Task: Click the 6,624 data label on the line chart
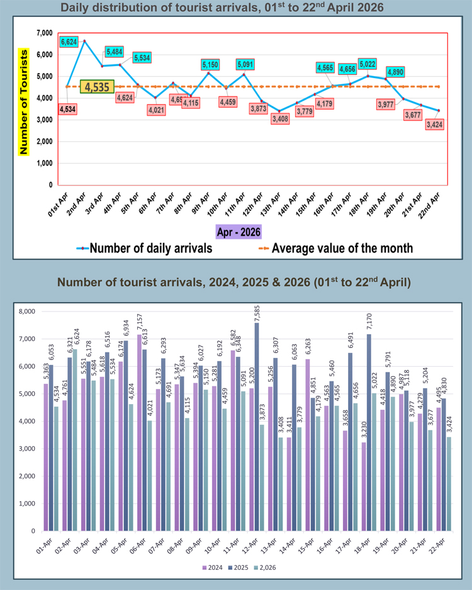[x=70, y=42]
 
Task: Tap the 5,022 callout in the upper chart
[x=368, y=64]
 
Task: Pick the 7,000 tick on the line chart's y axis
[x=44, y=33]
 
